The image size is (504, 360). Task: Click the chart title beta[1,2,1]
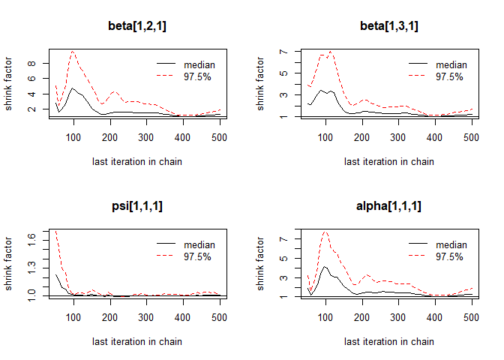pyautogui.click(x=137, y=27)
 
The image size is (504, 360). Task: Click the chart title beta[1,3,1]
pyautogui.click(x=389, y=27)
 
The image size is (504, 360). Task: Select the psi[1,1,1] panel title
pyautogui.click(x=137, y=207)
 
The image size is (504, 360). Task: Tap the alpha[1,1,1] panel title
pyautogui.click(x=389, y=207)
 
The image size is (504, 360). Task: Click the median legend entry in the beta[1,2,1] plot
pyautogui.click(x=199, y=64)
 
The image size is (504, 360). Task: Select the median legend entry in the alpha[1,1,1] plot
pyautogui.click(x=451, y=244)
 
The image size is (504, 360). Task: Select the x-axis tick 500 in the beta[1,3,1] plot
pyautogui.click(x=472, y=136)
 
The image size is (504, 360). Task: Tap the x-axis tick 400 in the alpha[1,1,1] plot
pyautogui.click(x=435, y=316)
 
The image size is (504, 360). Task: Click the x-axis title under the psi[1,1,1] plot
pyautogui.click(x=137, y=341)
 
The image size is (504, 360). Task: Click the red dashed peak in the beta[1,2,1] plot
pyautogui.click(x=73, y=51)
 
